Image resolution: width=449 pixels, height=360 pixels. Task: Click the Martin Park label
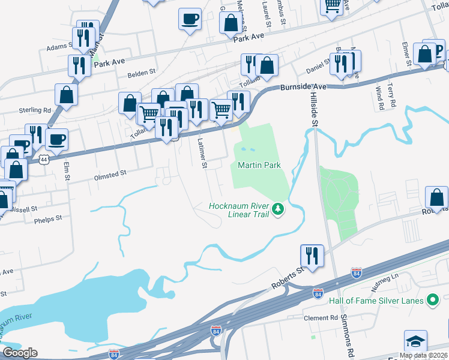pos(259,165)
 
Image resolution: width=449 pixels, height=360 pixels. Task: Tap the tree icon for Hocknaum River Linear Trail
pos(277,209)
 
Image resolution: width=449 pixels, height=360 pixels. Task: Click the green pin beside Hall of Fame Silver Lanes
pos(432,300)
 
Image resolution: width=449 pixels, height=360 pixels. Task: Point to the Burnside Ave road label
pos(303,87)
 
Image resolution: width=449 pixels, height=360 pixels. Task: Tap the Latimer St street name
pos(202,153)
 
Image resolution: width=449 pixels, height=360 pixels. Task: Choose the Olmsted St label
pos(110,173)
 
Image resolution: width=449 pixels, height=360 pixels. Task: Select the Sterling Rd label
pos(34,110)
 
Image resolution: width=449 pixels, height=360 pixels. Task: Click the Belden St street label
pos(142,75)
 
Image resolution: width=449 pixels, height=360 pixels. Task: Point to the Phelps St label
pos(48,218)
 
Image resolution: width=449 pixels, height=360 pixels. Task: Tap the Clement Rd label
pos(321,318)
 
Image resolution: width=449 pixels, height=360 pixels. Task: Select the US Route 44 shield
pos(43,160)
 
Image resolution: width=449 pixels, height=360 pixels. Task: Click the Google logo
pos(20,353)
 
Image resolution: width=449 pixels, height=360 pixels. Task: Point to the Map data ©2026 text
pos(423,355)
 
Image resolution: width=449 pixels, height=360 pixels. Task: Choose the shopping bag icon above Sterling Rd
pos(66,94)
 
